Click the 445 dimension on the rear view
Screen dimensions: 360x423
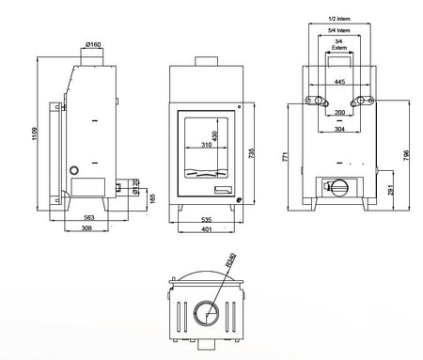pyautogui.click(x=338, y=82)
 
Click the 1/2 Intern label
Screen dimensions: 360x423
pyautogui.click(x=340, y=18)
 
